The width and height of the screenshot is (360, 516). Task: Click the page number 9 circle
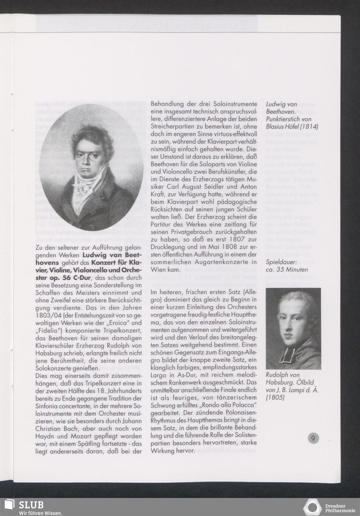point(313,438)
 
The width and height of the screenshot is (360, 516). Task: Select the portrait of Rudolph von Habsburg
point(293,329)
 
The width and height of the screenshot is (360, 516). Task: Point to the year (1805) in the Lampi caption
point(275,397)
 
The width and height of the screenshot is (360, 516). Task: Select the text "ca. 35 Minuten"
point(287,269)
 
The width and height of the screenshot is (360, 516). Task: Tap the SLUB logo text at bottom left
point(31,504)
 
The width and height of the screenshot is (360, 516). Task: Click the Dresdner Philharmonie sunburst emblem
point(312,507)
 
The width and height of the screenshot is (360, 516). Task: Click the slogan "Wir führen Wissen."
point(40,513)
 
